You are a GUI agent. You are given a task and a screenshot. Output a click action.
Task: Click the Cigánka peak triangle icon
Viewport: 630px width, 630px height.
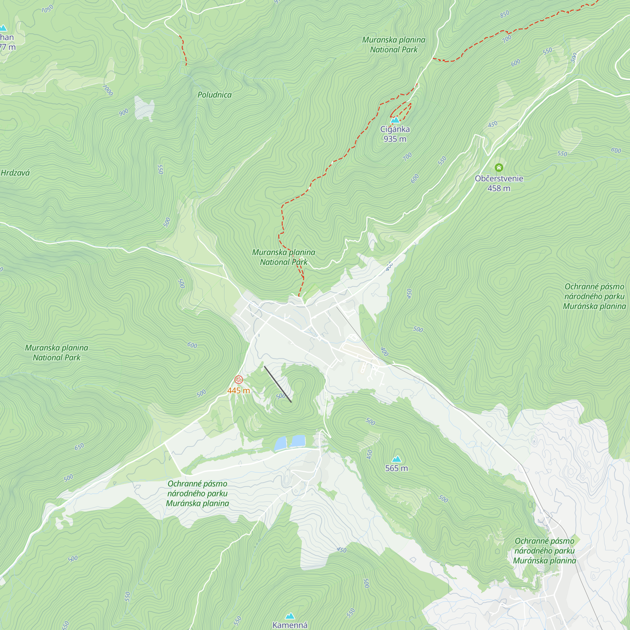coord(395,120)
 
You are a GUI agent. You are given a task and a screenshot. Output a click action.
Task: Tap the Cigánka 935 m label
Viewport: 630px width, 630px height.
coord(395,134)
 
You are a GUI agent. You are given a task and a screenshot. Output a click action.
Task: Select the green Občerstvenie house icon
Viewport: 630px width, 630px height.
coord(499,168)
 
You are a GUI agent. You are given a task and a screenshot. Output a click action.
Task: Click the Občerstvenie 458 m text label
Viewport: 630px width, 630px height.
coord(499,183)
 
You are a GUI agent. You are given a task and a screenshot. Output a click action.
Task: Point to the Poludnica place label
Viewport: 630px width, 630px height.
coord(215,95)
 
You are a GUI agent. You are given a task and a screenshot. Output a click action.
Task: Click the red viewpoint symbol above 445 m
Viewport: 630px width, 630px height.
coord(239,380)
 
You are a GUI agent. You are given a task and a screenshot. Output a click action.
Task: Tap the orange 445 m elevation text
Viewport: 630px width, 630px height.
coord(239,391)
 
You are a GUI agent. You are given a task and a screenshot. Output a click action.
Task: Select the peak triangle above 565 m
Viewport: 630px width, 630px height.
coord(396,459)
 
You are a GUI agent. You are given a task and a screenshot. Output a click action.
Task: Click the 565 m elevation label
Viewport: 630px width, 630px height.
coord(397,468)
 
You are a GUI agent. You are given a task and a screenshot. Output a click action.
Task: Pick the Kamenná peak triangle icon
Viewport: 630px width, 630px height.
coord(290,616)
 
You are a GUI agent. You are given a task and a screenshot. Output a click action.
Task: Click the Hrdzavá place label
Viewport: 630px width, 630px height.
coord(15,173)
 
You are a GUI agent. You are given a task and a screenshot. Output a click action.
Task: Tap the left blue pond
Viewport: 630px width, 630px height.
coord(280,444)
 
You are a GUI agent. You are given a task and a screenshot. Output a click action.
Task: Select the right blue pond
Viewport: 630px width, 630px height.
coord(298,441)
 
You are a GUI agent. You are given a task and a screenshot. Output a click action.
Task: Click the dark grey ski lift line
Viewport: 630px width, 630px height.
coord(278,384)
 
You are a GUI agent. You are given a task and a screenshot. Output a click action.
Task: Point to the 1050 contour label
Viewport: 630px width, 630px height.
coord(47,9)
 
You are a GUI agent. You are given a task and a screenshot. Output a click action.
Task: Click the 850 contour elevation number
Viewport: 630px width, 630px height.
coord(504,14)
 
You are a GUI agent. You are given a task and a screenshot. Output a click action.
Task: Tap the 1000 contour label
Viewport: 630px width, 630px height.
coord(108,90)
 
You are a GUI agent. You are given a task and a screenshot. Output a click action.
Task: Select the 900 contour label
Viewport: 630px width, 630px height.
coord(123,113)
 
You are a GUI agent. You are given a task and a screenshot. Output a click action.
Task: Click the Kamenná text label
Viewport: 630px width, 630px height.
coord(290,625)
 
